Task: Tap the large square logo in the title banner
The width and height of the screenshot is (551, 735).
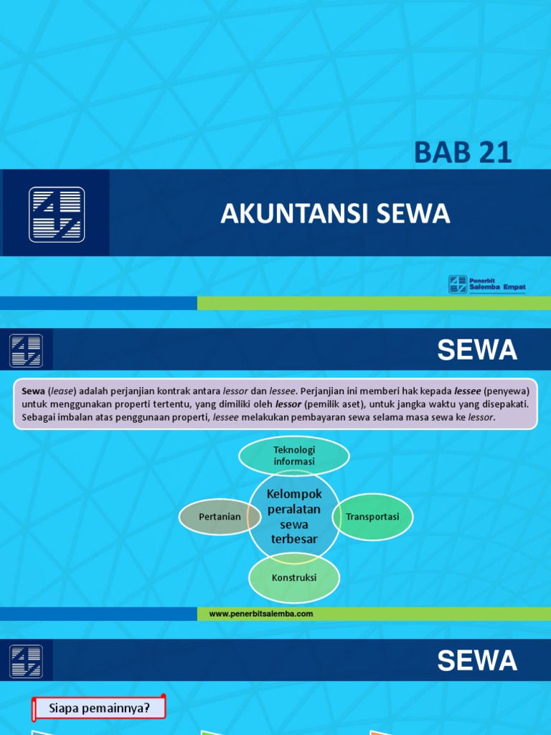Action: pyautogui.click(x=57, y=214)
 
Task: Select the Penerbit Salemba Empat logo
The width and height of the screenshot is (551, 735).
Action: pyautogui.click(x=487, y=284)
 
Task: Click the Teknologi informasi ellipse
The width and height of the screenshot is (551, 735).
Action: pyautogui.click(x=294, y=456)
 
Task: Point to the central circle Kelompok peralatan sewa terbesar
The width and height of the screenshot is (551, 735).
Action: pyautogui.click(x=294, y=517)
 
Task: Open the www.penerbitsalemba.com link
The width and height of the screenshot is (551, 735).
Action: pyautogui.click(x=261, y=614)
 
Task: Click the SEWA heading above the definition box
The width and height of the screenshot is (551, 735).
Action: pyautogui.click(x=477, y=350)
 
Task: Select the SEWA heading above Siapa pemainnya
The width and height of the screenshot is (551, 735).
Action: pyautogui.click(x=477, y=661)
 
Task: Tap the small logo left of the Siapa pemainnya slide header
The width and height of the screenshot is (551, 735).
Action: pyautogui.click(x=26, y=661)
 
